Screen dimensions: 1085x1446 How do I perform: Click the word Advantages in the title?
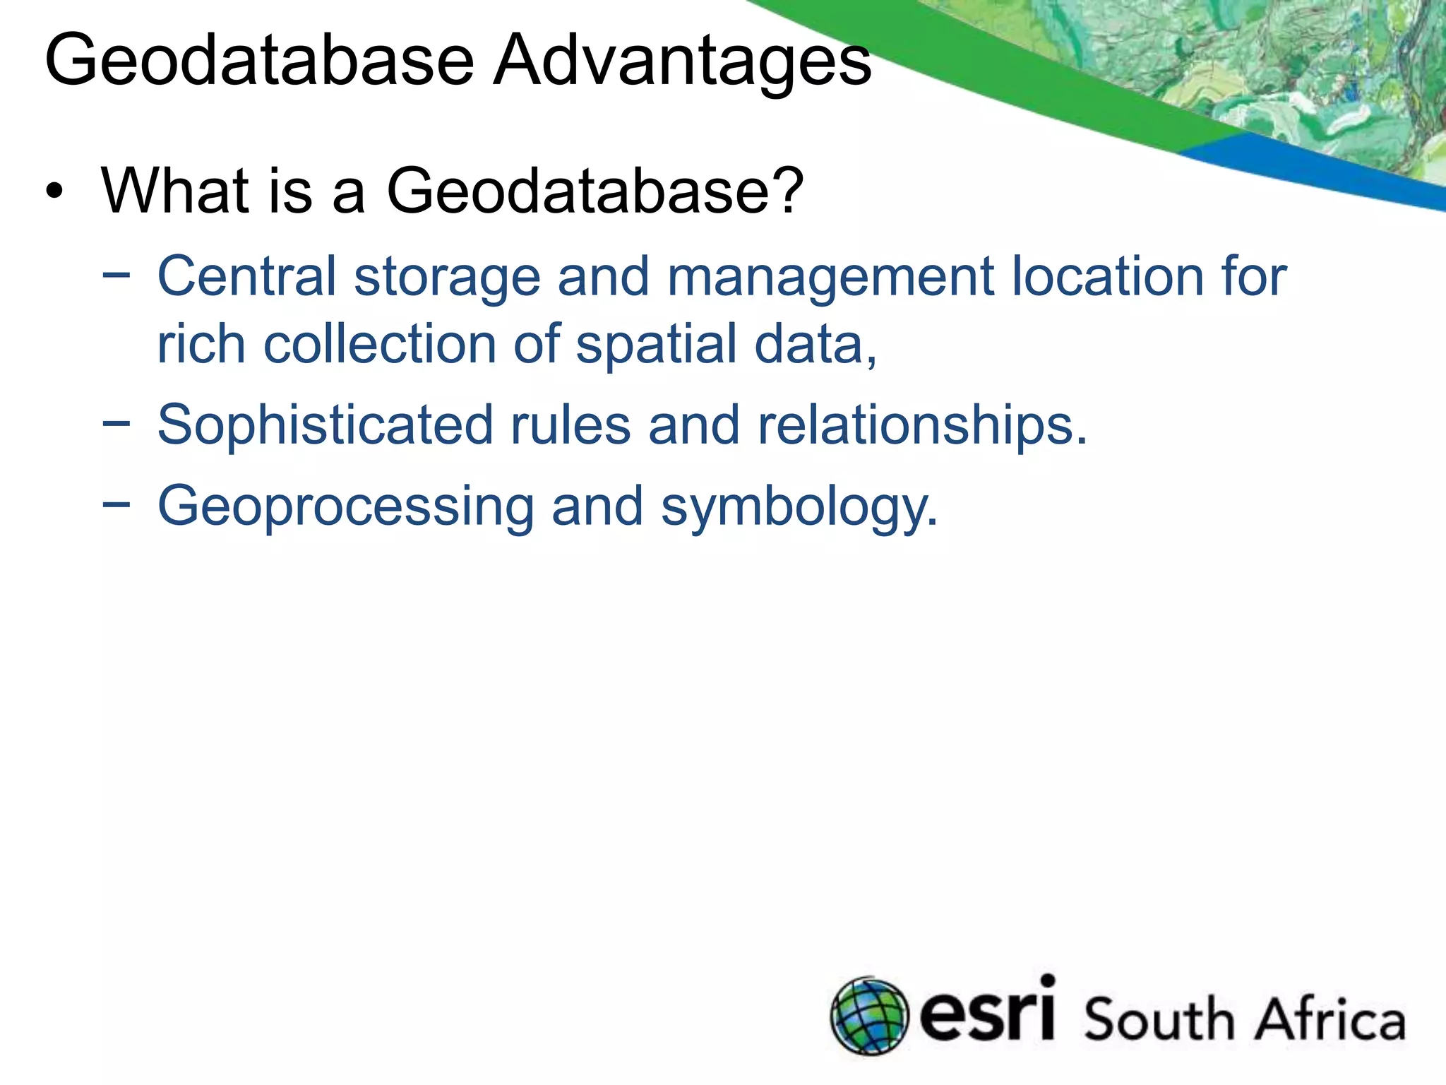[682, 62]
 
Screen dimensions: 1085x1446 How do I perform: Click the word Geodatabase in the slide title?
[259, 62]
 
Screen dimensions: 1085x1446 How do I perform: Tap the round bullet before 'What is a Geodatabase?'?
[54, 192]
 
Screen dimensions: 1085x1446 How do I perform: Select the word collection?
[380, 344]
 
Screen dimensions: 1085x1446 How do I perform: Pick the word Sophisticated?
[325, 426]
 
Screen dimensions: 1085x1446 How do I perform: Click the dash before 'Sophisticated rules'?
[116, 424]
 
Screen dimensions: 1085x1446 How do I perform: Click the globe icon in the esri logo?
[869, 1016]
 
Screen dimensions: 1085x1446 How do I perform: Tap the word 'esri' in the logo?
[988, 1012]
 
